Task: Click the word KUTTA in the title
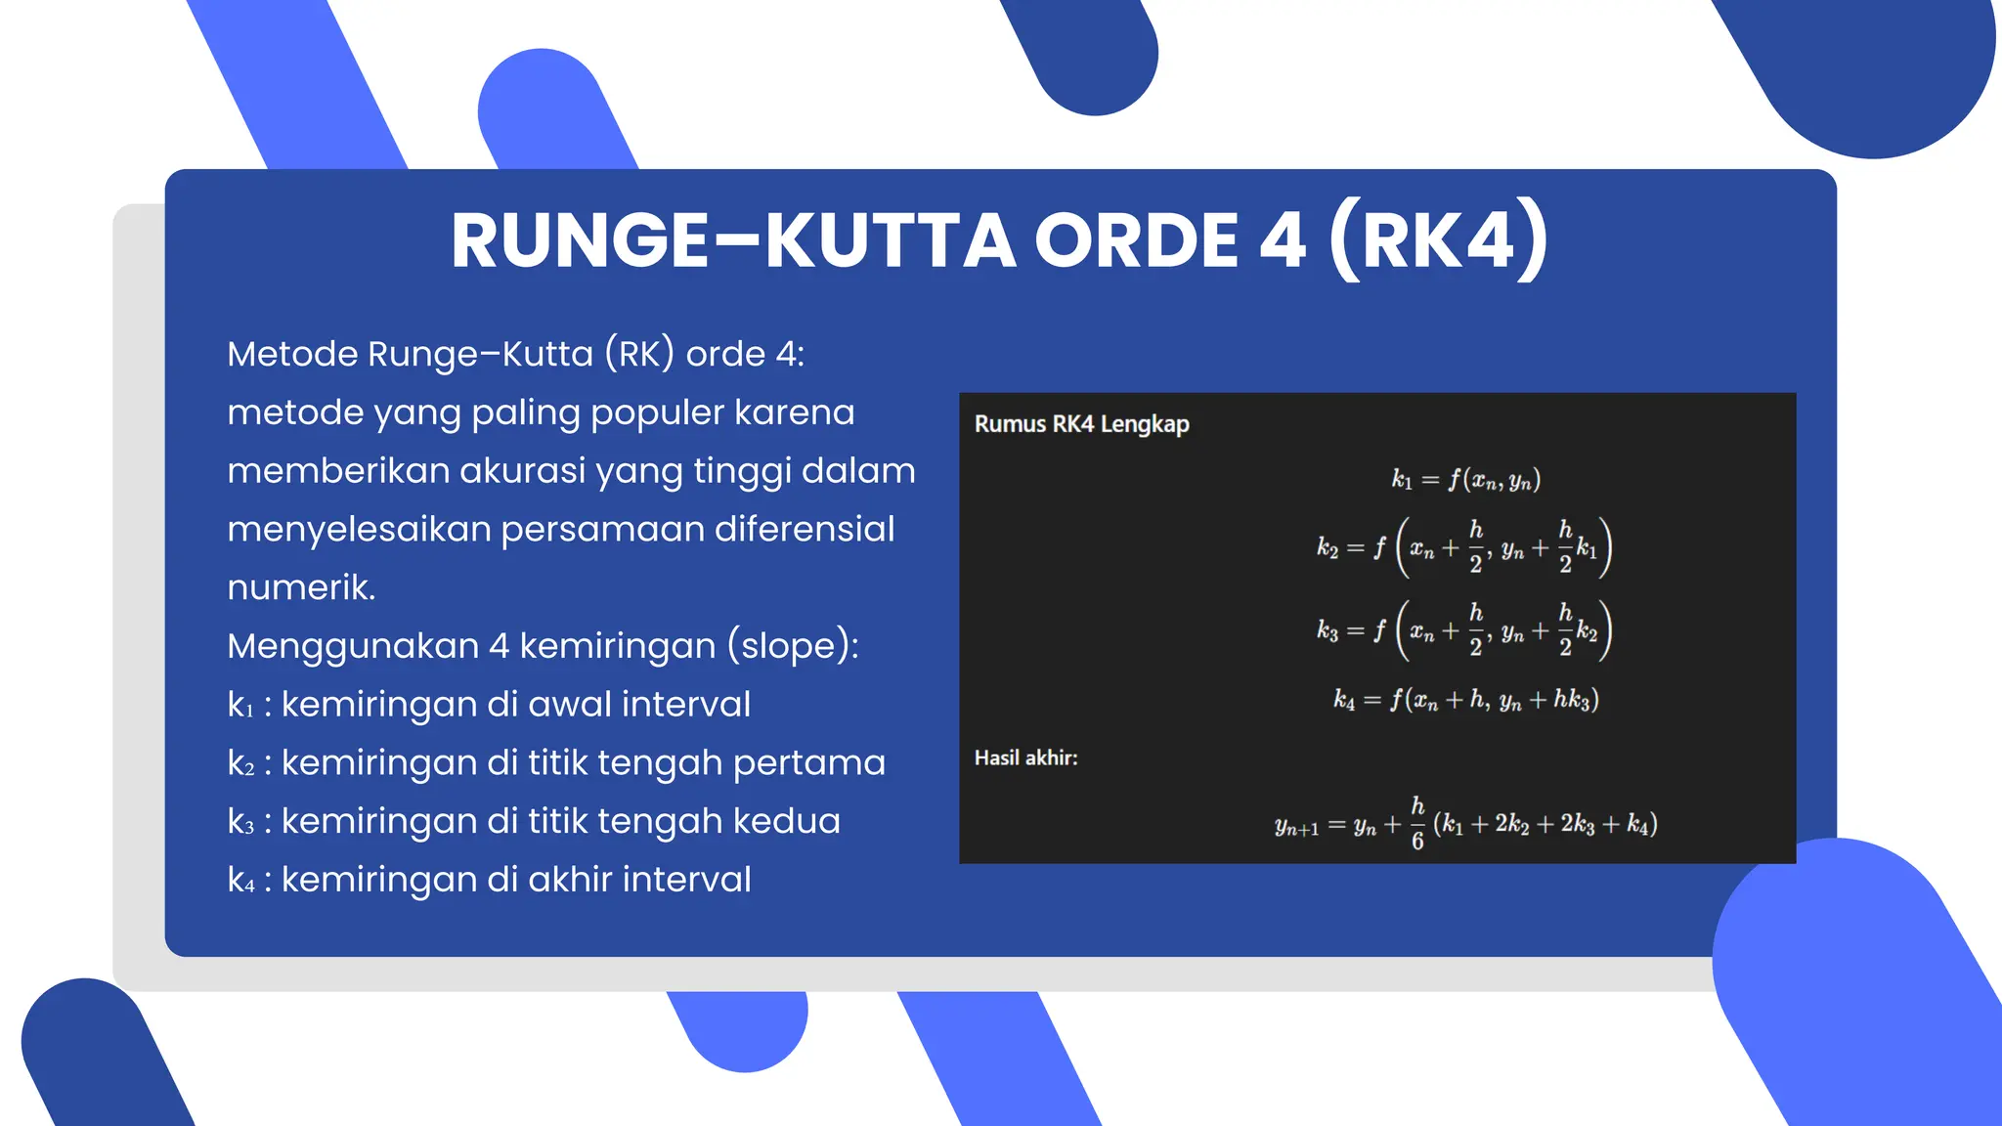[x=890, y=241]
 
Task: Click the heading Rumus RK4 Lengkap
[x=1081, y=424]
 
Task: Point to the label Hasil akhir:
[x=1025, y=758]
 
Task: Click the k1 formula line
[x=1465, y=480]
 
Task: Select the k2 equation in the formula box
[x=1463, y=548]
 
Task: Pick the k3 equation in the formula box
[x=1463, y=631]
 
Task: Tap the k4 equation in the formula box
[x=1465, y=700]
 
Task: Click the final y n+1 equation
[x=1465, y=825]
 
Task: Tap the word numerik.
[x=301, y=587]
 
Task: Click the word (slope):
[x=793, y=646]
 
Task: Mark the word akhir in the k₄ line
[x=569, y=880]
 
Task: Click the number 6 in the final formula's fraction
[x=1417, y=842]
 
